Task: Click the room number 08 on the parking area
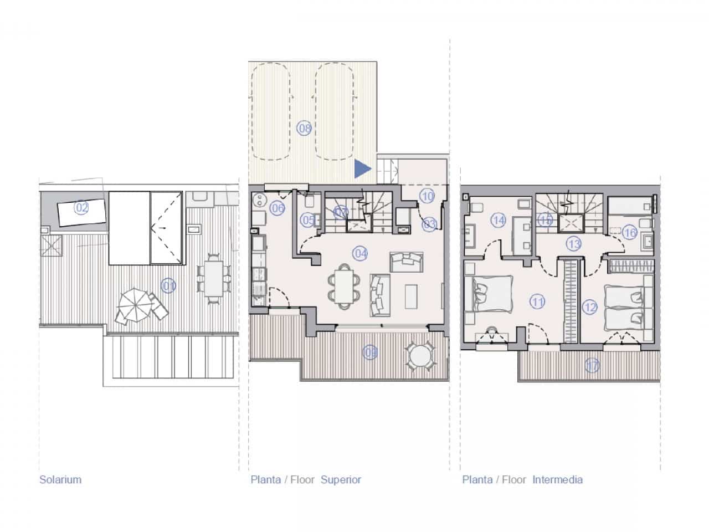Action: click(305, 129)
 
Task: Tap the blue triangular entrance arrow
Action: click(362, 168)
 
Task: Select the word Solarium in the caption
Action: click(60, 479)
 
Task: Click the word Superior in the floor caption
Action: click(341, 479)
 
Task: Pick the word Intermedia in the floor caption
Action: click(557, 479)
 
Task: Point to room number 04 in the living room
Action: click(361, 254)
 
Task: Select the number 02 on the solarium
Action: click(81, 208)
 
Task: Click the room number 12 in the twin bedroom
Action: click(590, 306)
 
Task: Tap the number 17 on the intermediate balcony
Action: click(592, 365)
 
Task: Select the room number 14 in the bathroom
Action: click(499, 220)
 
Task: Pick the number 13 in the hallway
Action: click(573, 243)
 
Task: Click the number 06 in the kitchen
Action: click(278, 208)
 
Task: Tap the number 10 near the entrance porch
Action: click(427, 196)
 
